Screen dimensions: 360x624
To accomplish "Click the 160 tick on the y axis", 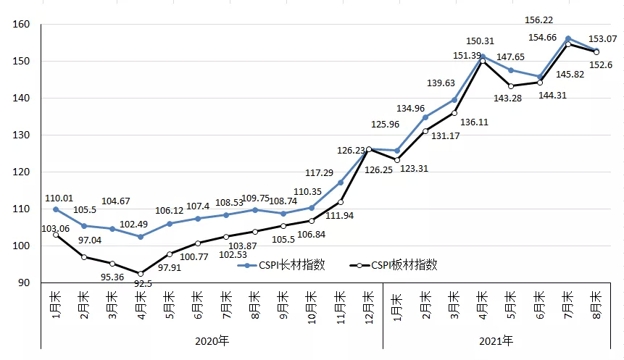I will (x=21, y=25).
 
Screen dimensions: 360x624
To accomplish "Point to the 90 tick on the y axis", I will (x=24, y=283).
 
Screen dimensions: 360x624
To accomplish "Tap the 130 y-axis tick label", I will (x=21, y=135).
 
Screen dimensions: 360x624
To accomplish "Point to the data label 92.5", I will (x=143, y=284).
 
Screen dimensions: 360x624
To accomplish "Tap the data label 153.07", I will (x=601, y=38).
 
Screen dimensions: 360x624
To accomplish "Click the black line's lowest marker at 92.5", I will (x=141, y=274).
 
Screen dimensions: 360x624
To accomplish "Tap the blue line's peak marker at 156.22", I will (x=567, y=38).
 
